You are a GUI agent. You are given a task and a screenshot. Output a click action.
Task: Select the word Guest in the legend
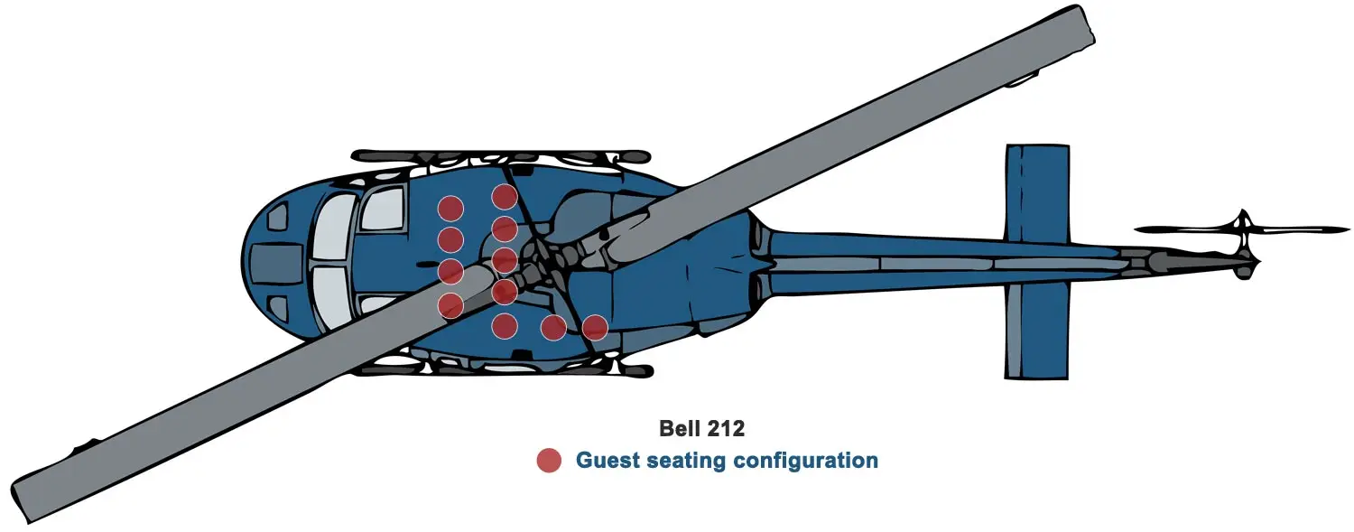(607, 461)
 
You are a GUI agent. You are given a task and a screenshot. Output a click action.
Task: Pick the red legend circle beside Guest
(549, 461)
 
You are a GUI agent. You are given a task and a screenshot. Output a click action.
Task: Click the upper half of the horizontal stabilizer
(1037, 190)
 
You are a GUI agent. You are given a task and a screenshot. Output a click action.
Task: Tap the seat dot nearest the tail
(594, 327)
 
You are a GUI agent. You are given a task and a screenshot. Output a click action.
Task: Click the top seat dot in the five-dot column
(504, 196)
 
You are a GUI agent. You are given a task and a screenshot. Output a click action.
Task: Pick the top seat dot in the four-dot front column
(450, 209)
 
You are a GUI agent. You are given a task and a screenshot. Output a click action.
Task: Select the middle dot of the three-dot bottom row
(553, 327)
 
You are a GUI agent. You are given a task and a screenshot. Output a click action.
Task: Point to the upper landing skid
(501, 156)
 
